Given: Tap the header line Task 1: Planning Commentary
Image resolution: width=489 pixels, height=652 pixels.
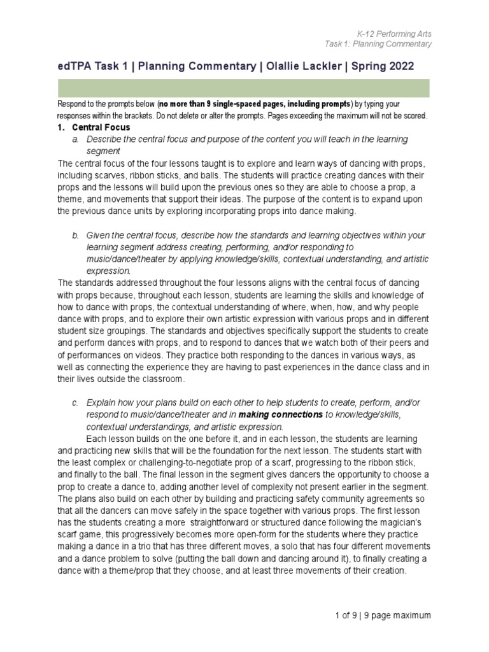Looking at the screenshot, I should [x=378, y=43].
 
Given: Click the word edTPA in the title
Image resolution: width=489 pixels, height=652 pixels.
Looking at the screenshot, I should [x=75, y=66].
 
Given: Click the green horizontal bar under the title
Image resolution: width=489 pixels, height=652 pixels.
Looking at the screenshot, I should [x=244, y=88].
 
